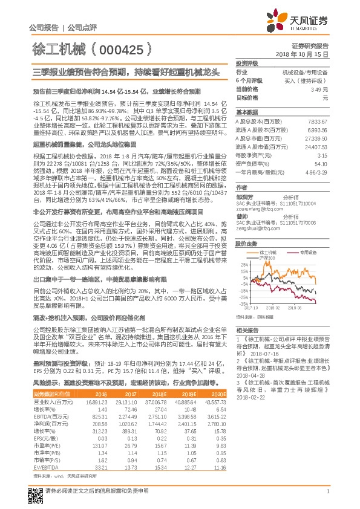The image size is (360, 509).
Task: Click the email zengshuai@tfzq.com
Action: (257, 245)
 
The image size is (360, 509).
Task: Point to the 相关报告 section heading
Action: (247, 329)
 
